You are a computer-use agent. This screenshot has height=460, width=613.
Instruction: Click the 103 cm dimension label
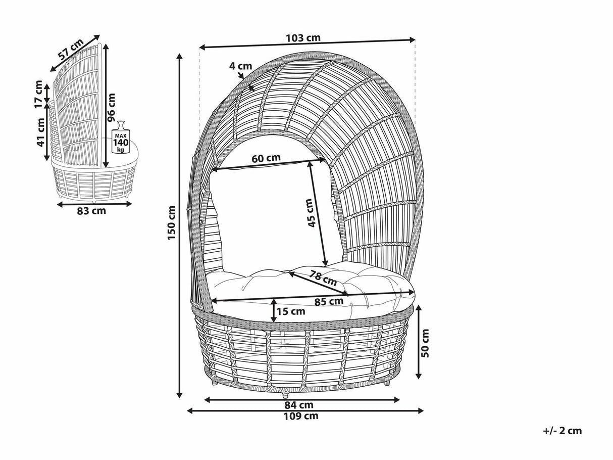[303, 38]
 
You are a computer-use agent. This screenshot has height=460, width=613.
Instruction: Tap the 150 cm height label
[172, 222]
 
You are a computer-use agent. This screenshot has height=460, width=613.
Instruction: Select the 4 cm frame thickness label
[240, 66]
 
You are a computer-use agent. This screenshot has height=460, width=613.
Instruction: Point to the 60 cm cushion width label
[266, 158]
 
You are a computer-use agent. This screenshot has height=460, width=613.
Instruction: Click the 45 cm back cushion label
[311, 213]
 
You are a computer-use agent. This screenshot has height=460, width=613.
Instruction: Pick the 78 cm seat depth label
[323, 278]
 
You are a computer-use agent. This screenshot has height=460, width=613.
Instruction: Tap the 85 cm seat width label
[329, 302]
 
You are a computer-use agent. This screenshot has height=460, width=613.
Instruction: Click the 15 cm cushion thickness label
[291, 311]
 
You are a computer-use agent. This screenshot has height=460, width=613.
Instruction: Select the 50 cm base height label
[425, 343]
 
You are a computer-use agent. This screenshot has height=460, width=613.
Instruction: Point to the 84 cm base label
[299, 405]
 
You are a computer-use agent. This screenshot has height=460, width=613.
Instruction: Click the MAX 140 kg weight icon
[121, 137]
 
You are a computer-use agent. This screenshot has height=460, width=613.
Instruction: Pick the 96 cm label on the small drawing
[111, 108]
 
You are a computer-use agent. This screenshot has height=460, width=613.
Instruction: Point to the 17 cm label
[39, 94]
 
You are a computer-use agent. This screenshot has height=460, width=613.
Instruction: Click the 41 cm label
[40, 132]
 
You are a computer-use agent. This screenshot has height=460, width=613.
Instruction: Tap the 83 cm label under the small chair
[91, 211]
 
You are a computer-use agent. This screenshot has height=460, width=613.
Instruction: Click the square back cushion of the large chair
[275, 221]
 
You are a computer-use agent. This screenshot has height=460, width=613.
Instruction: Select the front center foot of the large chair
[285, 394]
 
